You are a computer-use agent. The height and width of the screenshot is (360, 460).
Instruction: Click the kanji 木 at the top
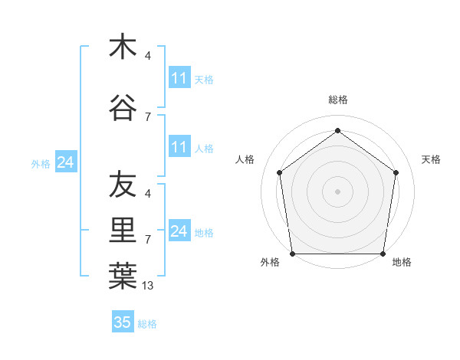pyautogui.click(x=123, y=47)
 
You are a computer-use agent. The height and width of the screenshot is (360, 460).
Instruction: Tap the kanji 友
pyautogui.click(x=123, y=185)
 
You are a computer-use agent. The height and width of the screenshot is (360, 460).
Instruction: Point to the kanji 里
pyautogui.click(x=123, y=231)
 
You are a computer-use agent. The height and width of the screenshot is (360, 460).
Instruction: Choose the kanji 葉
pyautogui.click(x=123, y=277)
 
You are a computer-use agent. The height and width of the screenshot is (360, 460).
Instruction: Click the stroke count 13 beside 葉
pyautogui.click(x=148, y=286)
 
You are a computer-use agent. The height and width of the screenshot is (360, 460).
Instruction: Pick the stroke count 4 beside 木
pyautogui.click(x=148, y=55)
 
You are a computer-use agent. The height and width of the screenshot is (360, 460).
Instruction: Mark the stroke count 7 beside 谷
pyautogui.click(x=148, y=116)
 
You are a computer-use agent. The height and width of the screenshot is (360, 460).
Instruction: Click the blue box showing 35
pyautogui.click(x=123, y=322)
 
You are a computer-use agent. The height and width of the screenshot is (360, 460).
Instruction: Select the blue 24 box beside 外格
pyautogui.click(x=65, y=162)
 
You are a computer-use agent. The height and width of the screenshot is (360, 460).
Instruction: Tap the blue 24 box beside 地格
pyautogui.click(x=179, y=231)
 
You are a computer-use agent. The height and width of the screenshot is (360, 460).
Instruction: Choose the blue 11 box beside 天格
pyautogui.click(x=179, y=78)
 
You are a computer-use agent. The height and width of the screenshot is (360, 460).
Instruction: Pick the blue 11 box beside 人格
pyautogui.click(x=179, y=147)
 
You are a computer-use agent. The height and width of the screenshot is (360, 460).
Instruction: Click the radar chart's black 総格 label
pyautogui.click(x=337, y=100)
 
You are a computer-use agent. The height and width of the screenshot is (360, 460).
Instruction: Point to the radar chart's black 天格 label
pyautogui.click(x=431, y=159)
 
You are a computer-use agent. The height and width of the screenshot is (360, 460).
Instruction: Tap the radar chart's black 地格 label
pyautogui.click(x=402, y=263)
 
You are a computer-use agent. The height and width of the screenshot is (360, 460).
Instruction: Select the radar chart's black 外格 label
pyautogui.click(x=270, y=263)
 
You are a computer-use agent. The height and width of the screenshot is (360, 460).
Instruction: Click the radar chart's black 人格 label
pyautogui.click(x=245, y=159)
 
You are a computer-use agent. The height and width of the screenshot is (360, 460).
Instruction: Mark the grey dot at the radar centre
pyautogui.click(x=337, y=191)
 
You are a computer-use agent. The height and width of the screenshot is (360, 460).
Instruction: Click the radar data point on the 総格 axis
pyautogui.click(x=337, y=130)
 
